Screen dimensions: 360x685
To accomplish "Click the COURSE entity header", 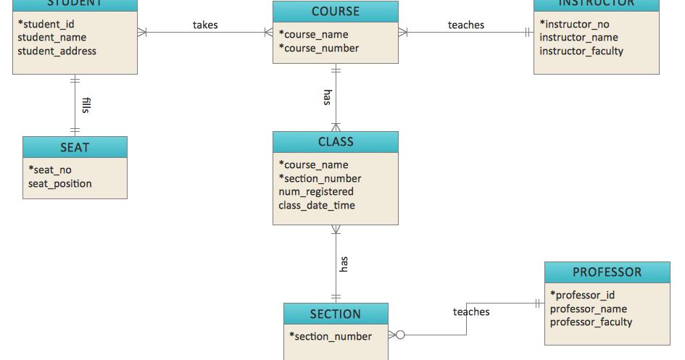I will pyautogui.click(x=335, y=12).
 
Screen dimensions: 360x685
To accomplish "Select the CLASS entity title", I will pyautogui.click(x=335, y=142).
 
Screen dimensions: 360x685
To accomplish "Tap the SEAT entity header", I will pyautogui.click(x=75, y=148).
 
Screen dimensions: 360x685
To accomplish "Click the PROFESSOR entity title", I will pyautogui.click(x=607, y=272).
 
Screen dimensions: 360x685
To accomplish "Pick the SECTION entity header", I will pyautogui.click(x=335, y=314).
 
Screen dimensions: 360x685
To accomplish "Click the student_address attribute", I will pyautogui.click(x=57, y=51).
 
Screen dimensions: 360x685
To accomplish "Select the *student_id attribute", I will pyautogui.click(x=46, y=24).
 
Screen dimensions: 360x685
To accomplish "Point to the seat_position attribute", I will pyautogui.click(x=60, y=183).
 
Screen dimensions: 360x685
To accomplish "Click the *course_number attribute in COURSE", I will pyautogui.click(x=319, y=48).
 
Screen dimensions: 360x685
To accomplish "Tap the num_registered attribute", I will pyautogui.click(x=316, y=192).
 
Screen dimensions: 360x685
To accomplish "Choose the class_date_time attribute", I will pyautogui.click(x=317, y=205).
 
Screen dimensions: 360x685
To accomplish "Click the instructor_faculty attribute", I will pyautogui.click(x=581, y=51).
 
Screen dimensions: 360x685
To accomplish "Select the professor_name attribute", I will pyautogui.click(x=589, y=309).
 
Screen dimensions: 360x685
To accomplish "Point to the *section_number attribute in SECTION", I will pyautogui.click(x=331, y=336).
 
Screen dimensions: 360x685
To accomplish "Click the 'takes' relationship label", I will pyautogui.click(x=205, y=25).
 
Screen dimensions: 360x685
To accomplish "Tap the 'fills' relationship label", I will pyautogui.click(x=86, y=106).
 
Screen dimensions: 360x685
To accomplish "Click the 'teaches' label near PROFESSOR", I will pyautogui.click(x=471, y=311).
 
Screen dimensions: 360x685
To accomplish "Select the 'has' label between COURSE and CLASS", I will pyautogui.click(x=328, y=98).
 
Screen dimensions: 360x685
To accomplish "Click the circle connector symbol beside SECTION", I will pyautogui.click(x=399, y=335).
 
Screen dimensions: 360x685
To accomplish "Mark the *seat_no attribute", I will pyautogui.click(x=50, y=169).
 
